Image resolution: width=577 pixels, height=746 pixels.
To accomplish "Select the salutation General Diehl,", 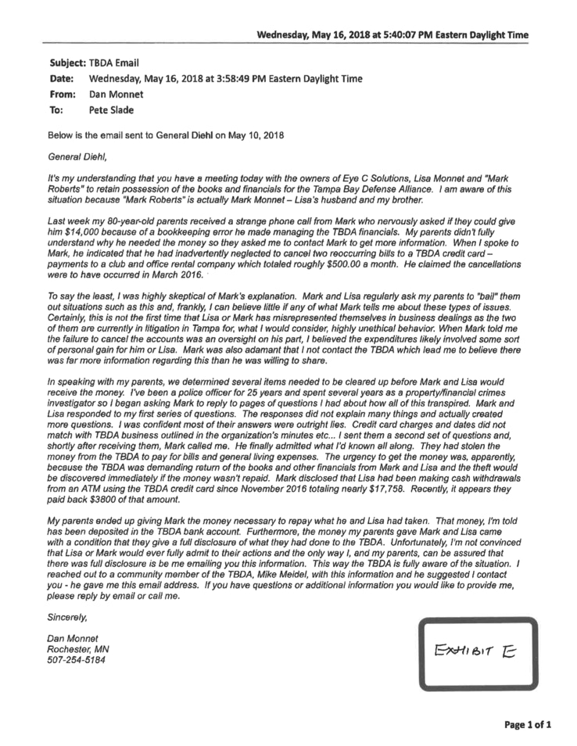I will (75, 155).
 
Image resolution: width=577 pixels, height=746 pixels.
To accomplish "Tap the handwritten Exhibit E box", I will (478, 653).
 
